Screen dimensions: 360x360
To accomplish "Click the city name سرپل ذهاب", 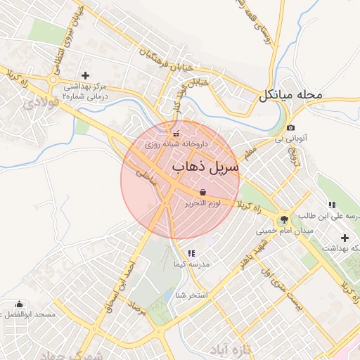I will tap(205, 167).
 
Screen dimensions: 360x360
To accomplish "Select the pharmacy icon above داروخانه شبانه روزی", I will tap(176, 134).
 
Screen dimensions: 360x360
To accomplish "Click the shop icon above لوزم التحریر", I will tap(202, 192).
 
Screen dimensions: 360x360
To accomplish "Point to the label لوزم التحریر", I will tap(202, 202).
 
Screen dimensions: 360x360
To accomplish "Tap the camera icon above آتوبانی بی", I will tap(291, 127).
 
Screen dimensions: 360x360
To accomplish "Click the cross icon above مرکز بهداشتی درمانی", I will tap(86, 75).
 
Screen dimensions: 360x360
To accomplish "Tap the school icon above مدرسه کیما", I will tap(191, 253).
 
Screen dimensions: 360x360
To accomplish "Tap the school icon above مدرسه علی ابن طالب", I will tap(331, 205).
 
